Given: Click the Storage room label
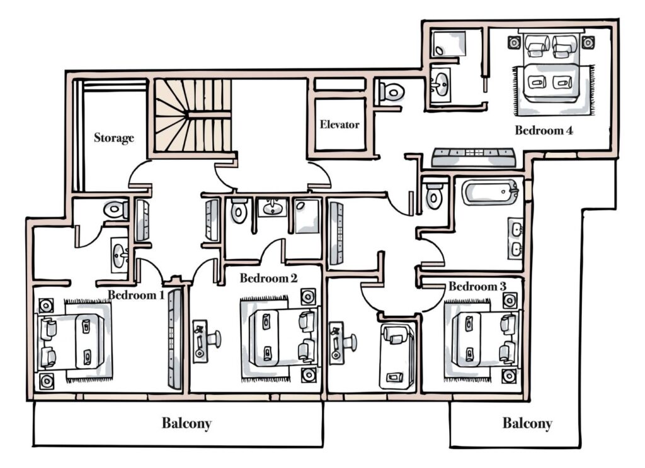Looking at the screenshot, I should [x=114, y=138].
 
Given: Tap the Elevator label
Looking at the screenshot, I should [x=340, y=125].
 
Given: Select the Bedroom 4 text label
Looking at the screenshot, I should [x=544, y=131].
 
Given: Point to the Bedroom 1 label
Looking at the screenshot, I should [x=136, y=294].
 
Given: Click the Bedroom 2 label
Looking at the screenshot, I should [x=268, y=277].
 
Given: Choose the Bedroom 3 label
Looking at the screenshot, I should [x=477, y=286].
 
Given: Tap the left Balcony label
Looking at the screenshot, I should [x=186, y=423].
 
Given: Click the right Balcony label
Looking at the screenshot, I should [x=527, y=423].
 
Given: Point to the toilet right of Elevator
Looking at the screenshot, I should [x=392, y=92].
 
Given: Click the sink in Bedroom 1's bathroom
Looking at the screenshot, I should [x=119, y=254].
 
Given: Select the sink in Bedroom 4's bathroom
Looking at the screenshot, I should [x=441, y=82].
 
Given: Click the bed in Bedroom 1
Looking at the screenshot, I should [x=81, y=340].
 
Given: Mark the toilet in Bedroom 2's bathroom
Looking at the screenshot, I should [x=239, y=211].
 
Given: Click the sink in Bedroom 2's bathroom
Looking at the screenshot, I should [x=272, y=207].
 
